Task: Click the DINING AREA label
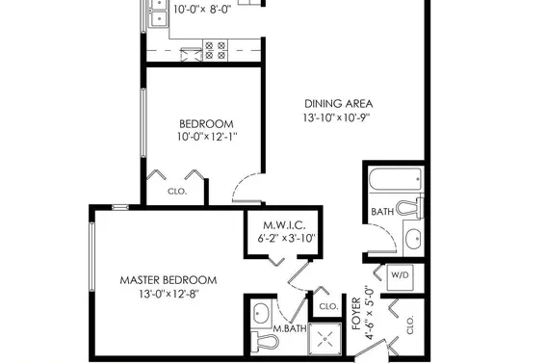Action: click(x=339, y=104)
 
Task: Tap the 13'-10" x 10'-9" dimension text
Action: click(x=336, y=117)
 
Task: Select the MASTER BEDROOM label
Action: click(x=169, y=280)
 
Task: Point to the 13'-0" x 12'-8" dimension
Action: click(x=169, y=295)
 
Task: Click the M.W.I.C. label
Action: click(x=284, y=225)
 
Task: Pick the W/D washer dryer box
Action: click(x=401, y=276)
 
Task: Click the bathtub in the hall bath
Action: click(x=396, y=179)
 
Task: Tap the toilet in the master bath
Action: click(x=265, y=341)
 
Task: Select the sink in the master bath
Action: click(x=261, y=313)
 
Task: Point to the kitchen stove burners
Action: click(x=215, y=50)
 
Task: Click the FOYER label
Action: click(x=356, y=314)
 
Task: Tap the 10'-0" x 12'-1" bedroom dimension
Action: click(x=207, y=137)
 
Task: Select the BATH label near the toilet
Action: click(x=382, y=212)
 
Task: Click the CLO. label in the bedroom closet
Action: click(x=177, y=192)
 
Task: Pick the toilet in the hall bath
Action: click(x=410, y=208)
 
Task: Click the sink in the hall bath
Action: click(x=414, y=239)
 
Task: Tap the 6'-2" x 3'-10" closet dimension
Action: click(x=286, y=239)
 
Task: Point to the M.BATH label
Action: click(x=290, y=328)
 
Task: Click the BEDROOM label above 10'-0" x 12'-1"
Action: click(x=206, y=124)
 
